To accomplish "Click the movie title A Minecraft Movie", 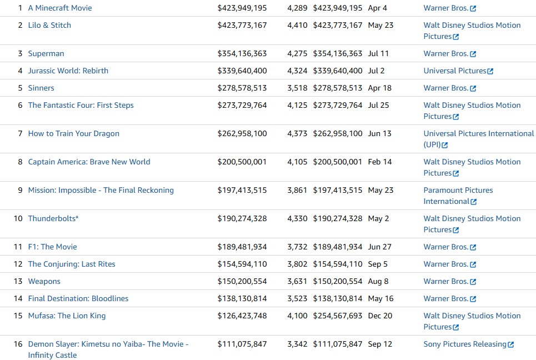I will point(60,8).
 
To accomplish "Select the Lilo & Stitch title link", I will point(49,25).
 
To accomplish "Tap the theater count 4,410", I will point(297,25).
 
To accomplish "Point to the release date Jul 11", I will point(378,53).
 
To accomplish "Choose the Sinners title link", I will point(41,88).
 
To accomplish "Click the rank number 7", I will point(20,133).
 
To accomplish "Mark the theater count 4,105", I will point(297,162).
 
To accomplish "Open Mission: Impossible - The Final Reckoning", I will point(101,190).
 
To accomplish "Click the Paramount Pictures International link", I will point(458,196).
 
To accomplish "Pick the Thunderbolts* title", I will point(53,218).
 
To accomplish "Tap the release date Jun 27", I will point(379,247).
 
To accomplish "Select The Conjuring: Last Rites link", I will point(72,264).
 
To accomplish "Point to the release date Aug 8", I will point(378,281).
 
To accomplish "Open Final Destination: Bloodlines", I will point(78,298).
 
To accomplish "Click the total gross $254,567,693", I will point(338,316).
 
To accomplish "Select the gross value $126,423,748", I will point(242,316).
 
